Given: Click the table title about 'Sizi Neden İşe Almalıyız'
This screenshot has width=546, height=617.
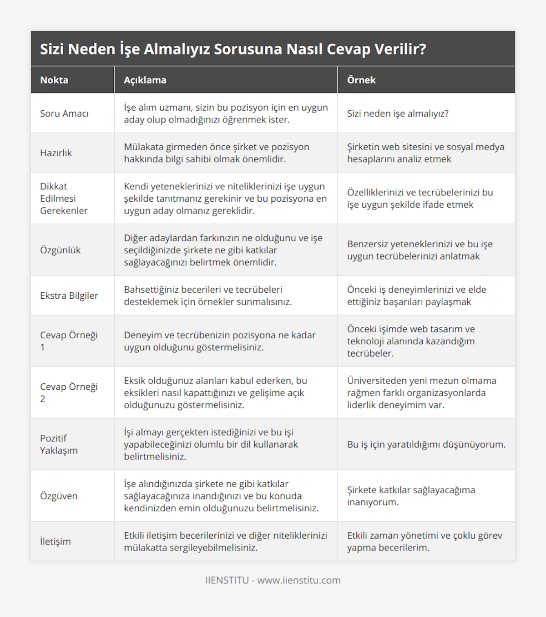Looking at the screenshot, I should point(233,49).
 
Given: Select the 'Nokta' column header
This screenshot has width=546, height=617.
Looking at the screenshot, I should point(54,80).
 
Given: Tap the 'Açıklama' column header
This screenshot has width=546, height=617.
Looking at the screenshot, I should point(145,80).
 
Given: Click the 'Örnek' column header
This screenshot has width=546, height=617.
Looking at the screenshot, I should point(361,80).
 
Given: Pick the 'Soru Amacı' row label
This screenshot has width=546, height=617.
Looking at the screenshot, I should point(64,113).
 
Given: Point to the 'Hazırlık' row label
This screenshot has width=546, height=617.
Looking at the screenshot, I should point(56,153).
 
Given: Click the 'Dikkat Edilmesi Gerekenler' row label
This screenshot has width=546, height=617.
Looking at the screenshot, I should point(64,198).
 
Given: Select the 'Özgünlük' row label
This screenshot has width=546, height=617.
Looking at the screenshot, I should point(60,250).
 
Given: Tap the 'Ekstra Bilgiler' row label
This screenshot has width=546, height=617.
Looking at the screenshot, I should point(69,296).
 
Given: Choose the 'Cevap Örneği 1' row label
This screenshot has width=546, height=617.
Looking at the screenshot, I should point(69,341).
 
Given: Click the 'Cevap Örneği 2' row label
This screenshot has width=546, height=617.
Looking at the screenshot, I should point(69,393).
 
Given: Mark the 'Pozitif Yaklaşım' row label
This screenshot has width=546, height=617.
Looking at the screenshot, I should point(59,444).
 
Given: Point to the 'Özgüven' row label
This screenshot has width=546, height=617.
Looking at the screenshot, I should point(59,496).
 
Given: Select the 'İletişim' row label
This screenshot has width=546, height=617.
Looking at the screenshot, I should point(56,541).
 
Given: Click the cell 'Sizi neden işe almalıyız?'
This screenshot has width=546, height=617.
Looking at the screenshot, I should point(398,113).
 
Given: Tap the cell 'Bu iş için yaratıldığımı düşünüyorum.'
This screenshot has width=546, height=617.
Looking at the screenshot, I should point(426,444).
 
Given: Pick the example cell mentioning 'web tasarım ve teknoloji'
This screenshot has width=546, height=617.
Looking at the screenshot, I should point(411,341).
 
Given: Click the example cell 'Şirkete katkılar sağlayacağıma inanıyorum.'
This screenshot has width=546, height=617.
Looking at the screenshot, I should point(411,496).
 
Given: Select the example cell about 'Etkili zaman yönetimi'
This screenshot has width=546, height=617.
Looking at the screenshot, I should point(425,541).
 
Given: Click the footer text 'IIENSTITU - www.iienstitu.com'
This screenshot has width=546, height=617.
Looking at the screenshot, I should point(273,580).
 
